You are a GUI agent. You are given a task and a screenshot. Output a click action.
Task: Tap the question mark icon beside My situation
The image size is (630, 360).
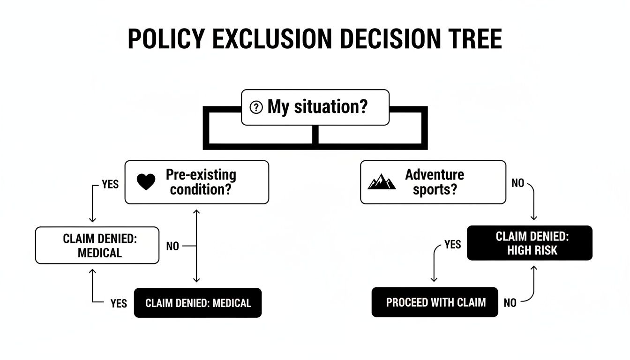tap(256, 108)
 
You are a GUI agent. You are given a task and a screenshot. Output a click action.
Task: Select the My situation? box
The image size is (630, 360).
tap(315, 107)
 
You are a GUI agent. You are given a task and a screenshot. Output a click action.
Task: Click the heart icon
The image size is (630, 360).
tap(146, 182)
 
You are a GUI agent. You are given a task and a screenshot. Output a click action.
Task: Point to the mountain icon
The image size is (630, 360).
tap(382, 182)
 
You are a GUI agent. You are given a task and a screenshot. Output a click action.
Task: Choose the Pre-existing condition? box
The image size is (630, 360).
tap(197, 182)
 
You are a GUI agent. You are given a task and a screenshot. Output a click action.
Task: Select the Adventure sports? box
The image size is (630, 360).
tap(433, 182)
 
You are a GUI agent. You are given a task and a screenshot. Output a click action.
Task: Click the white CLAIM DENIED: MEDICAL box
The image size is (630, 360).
tap(97, 245)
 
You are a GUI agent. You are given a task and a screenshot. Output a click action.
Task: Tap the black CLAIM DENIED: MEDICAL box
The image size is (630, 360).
tap(198, 303)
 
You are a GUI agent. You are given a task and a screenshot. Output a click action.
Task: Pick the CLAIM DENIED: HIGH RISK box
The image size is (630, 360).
tap(530, 243)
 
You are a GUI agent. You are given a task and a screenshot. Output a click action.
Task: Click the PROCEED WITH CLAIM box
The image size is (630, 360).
tap(435, 302)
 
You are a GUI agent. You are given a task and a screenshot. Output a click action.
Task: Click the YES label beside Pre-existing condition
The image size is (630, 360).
tap(110, 185)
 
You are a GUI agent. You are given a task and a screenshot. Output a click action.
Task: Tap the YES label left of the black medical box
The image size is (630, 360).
tap(119, 304)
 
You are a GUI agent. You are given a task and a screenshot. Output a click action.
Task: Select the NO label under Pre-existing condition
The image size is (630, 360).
tap(172, 246)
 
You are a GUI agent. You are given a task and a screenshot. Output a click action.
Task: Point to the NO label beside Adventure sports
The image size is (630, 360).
tap(517, 183)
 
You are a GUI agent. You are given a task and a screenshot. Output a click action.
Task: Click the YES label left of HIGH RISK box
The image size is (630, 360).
tap(452, 245)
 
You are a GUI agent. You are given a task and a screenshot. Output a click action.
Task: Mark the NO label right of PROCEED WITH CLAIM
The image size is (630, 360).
tap(510, 303)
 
